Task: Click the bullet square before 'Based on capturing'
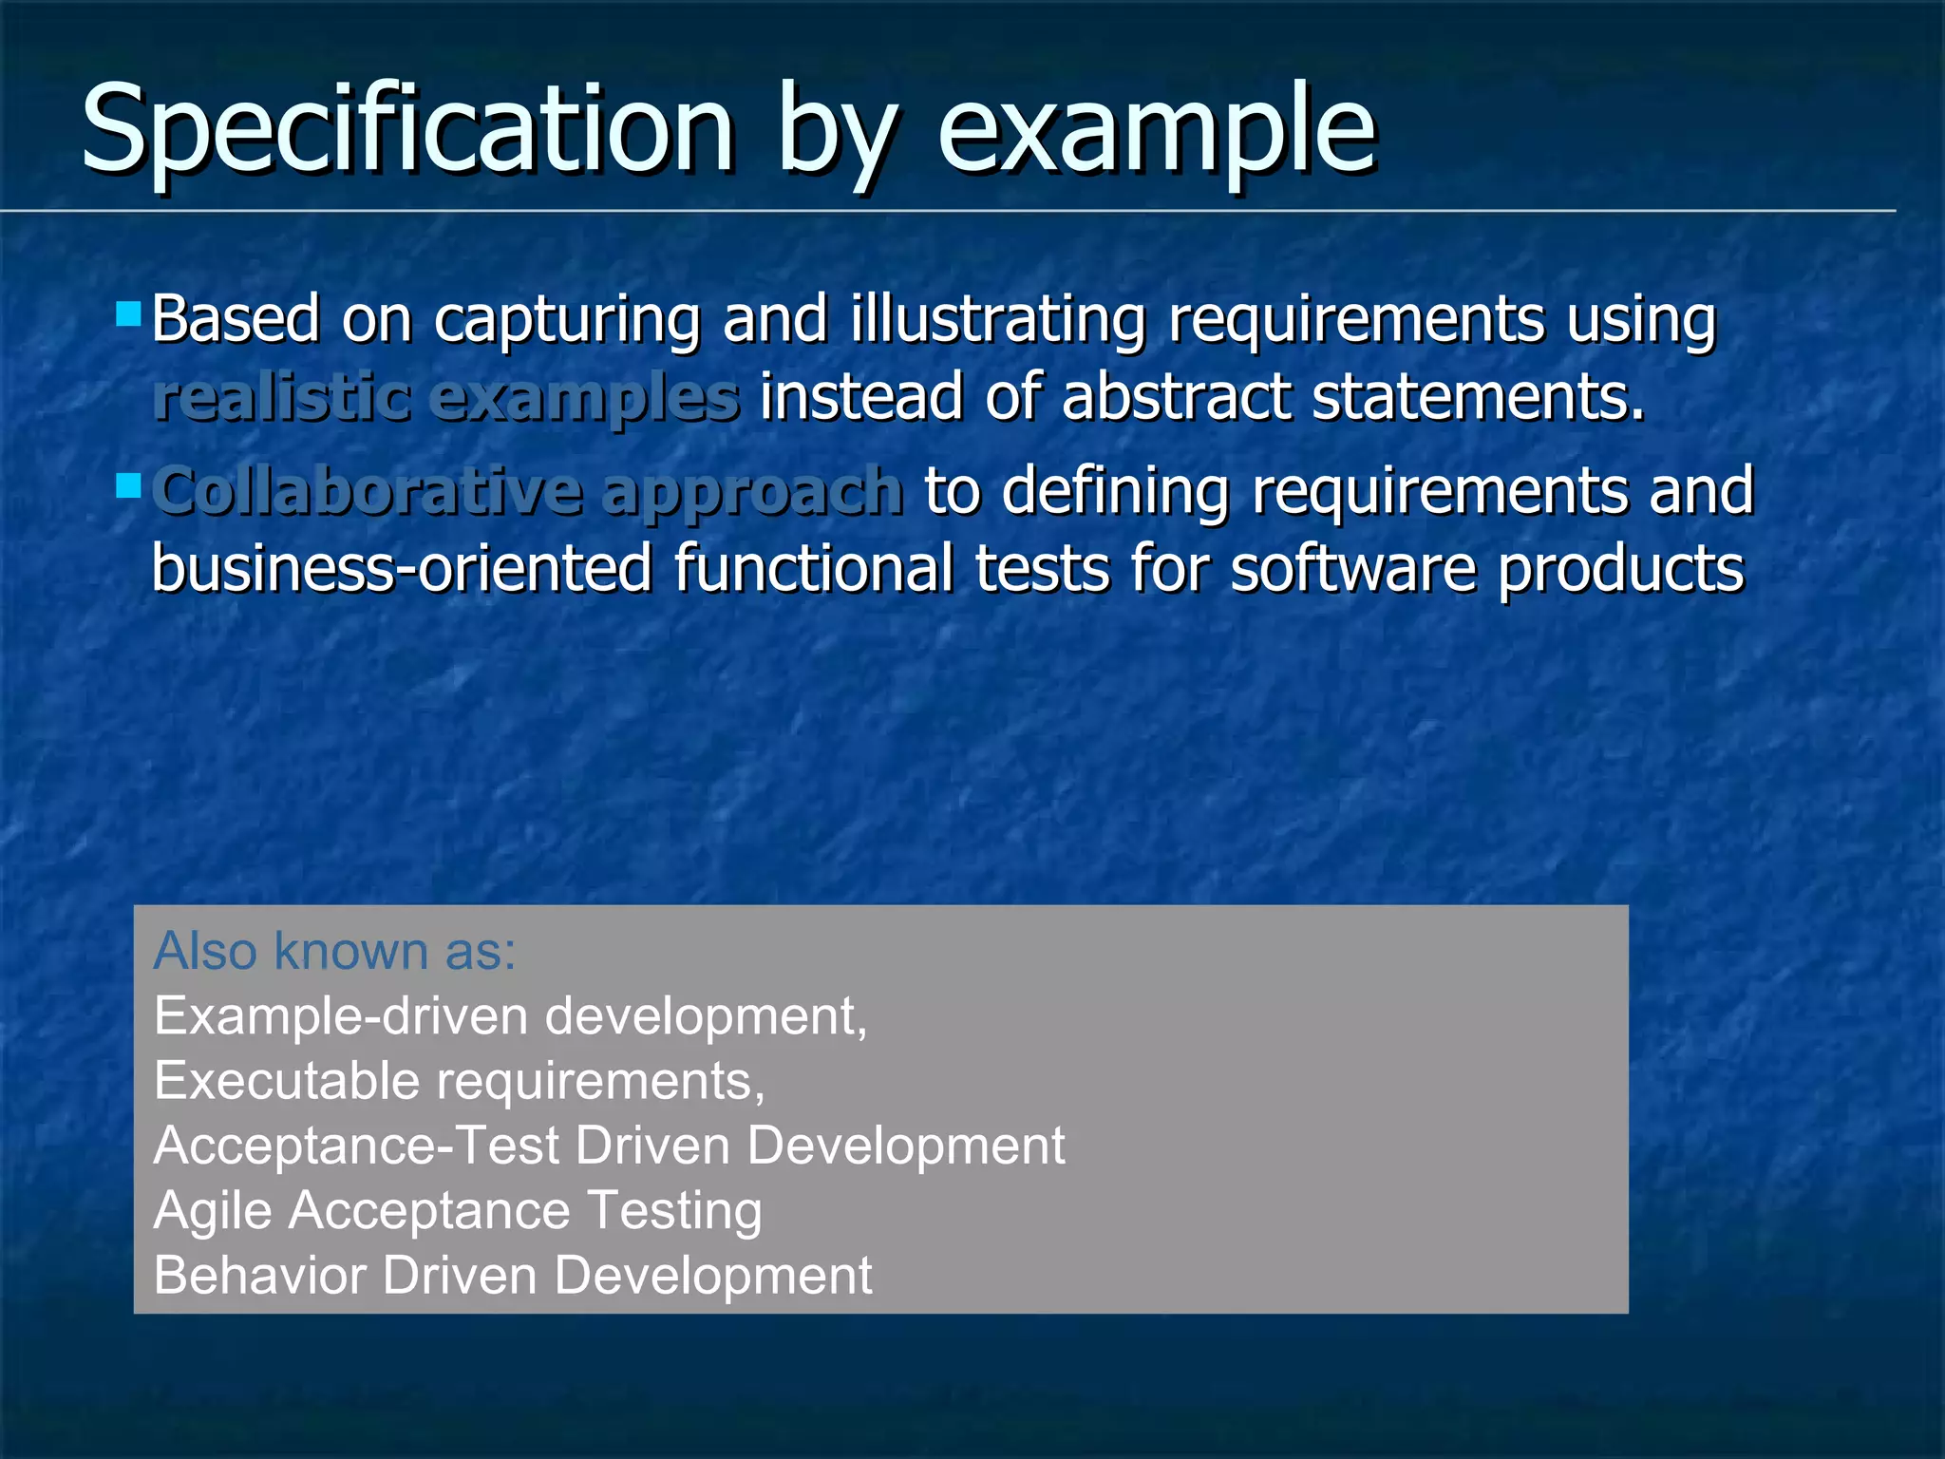coord(128,313)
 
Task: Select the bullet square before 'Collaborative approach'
coord(128,486)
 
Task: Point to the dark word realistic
coord(282,397)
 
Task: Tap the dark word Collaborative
coord(366,491)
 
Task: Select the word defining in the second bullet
coord(1116,491)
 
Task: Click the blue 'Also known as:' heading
coord(334,951)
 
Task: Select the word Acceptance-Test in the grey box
coord(356,1146)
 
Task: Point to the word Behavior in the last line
coord(259,1275)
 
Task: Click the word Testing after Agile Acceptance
coord(674,1211)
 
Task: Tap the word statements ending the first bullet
coord(1477,397)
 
